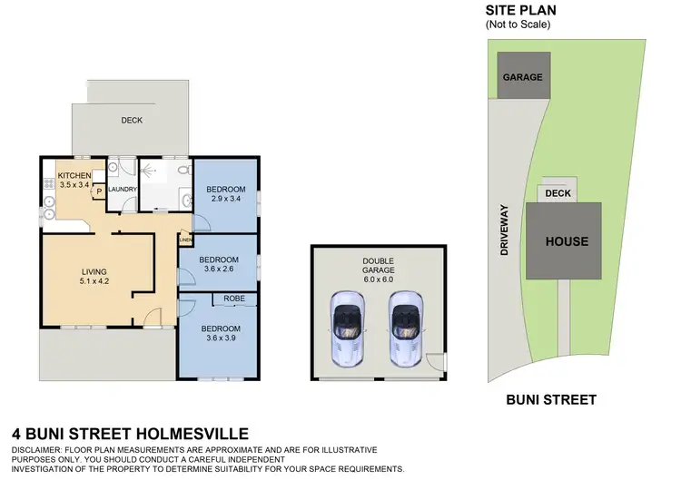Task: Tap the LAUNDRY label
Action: [x=122, y=190]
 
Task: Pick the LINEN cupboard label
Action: [x=184, y=240]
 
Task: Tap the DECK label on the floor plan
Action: [x=132, y=120]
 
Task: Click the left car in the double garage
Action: [x=346, y=326]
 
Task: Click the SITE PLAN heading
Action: [x=522, y=11]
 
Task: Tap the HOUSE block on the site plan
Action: [x=566, y=241]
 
